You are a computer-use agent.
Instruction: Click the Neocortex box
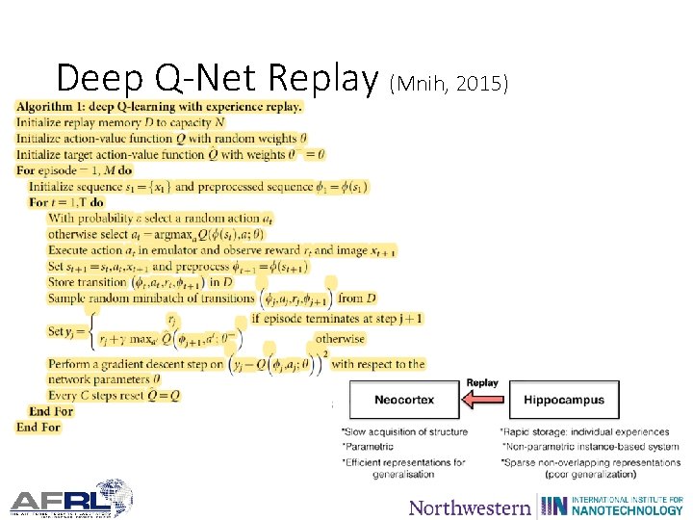point(404,400)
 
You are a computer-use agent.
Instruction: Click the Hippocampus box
point(564,400)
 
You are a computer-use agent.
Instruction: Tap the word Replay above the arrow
point(482,383)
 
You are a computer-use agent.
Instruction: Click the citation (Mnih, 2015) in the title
point(448,84)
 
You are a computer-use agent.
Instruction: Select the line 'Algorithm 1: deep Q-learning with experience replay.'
point(159,107)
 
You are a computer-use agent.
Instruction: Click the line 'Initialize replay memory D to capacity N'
point(120,122)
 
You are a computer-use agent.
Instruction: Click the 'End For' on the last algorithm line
point(38,427)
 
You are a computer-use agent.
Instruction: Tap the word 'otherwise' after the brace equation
point(341,339)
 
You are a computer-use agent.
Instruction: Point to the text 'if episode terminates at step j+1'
point(337,318)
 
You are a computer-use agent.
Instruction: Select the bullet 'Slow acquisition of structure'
point(404,431)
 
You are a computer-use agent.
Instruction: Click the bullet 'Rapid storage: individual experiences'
point(584,431)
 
